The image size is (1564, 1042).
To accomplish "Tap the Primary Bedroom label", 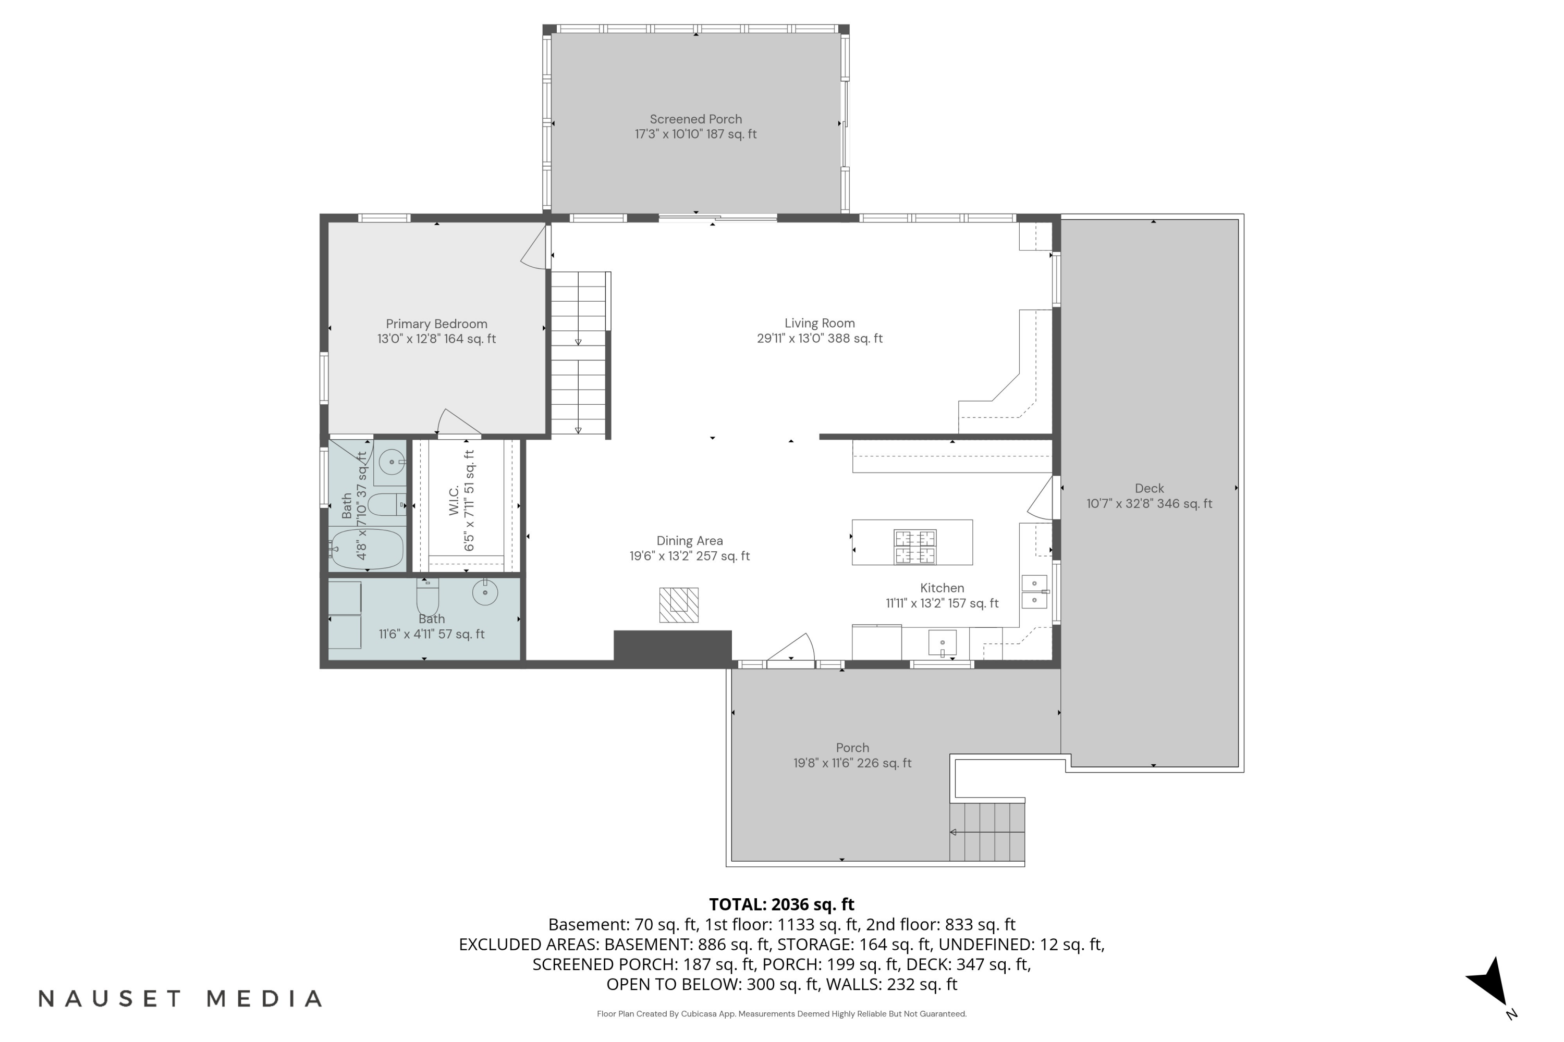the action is coord(436,324).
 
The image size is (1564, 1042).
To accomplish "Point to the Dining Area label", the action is coord(690,541).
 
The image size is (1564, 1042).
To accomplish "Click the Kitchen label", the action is coord(942,588).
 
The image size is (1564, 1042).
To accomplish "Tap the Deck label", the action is coord(1149,489).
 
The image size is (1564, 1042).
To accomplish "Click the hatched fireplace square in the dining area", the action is coord(679,605).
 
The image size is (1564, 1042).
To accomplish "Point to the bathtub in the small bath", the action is coord(367,549).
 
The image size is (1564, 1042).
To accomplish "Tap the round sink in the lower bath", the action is coord(485,591).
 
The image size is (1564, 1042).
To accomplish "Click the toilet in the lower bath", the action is coord(427,597).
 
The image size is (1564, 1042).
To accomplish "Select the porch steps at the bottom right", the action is coord(987,832).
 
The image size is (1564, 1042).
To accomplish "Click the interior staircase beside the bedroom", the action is coord(579,353).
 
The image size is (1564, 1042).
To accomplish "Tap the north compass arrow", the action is coord(1489,981).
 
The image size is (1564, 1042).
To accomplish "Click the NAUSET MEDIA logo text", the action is coord(180,999).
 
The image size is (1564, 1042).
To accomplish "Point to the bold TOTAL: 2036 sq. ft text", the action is coord(781,904).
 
